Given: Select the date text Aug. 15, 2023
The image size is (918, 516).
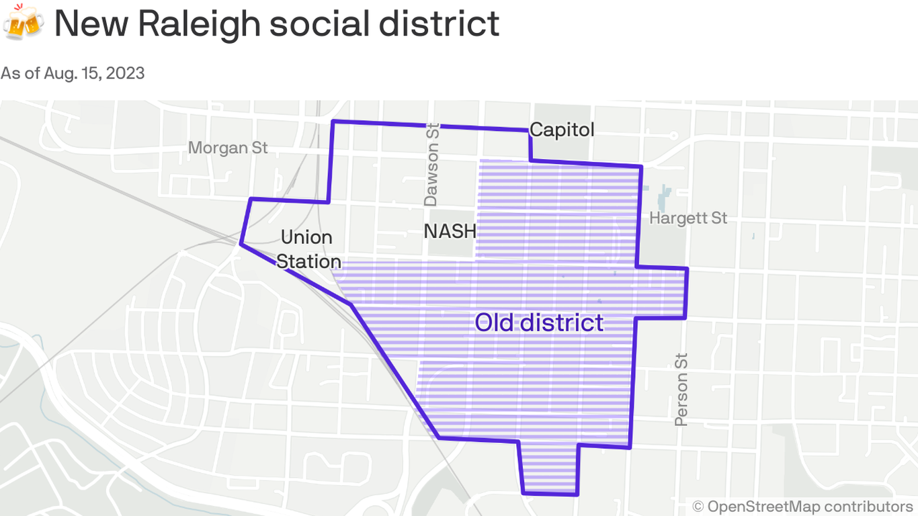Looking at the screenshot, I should (94, 73).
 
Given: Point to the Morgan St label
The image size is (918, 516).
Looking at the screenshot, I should (228, 147).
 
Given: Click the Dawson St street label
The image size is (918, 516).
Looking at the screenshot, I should (431, 165).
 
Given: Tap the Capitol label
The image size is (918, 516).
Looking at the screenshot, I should (562, 130).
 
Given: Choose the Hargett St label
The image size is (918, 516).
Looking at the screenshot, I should (688, 218).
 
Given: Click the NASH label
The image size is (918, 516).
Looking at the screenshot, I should (450, 232).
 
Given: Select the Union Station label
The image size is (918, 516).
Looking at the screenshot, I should (307, 249).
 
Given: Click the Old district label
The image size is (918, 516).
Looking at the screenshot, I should (539, 322).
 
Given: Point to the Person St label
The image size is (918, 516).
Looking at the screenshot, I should (681, 389).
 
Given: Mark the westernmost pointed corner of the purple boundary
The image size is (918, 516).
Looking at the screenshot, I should (241, 245).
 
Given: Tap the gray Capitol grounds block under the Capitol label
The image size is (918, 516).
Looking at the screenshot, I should (562, 150).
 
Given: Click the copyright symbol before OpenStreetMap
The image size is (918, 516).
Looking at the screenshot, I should (698, 506).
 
